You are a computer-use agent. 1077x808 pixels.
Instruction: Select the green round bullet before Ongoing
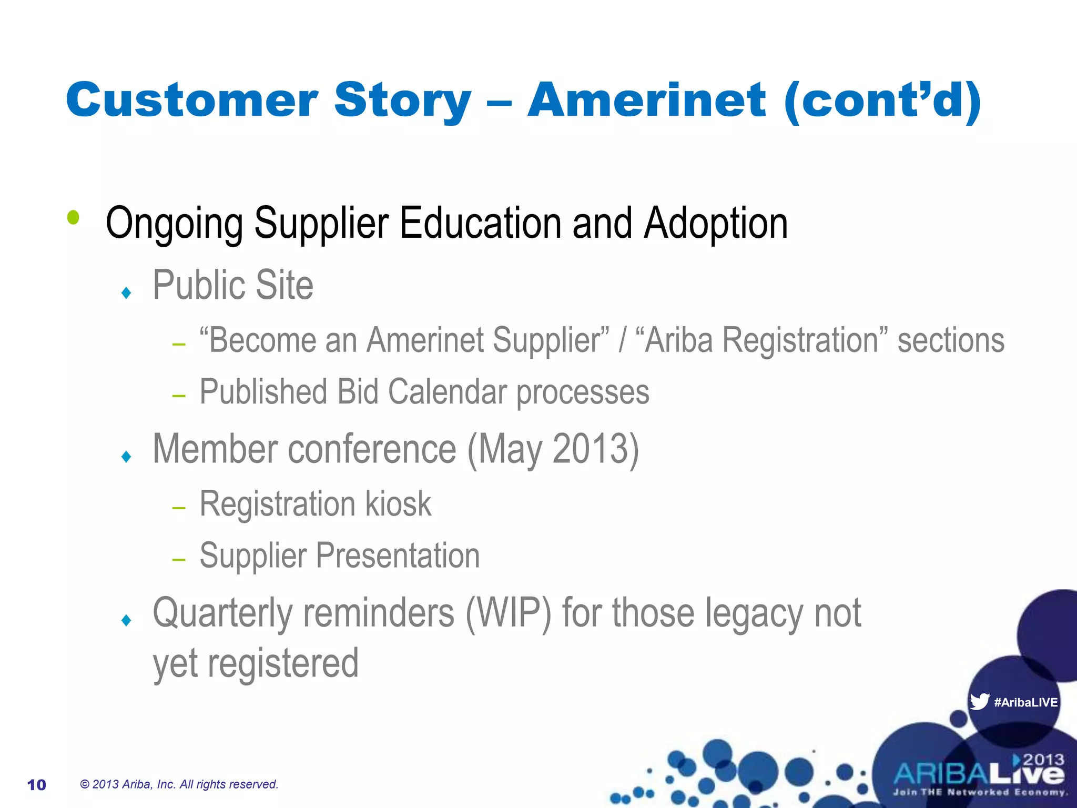coord(74,217)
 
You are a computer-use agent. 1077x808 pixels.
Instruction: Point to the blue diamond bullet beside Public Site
coord(126,292)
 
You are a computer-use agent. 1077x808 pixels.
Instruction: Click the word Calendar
coord(447,392)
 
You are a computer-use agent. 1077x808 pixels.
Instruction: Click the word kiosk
coord(398,504)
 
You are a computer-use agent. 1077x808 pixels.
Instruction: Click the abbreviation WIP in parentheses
coord(508,613)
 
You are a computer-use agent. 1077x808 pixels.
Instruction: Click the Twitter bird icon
coord(979,701)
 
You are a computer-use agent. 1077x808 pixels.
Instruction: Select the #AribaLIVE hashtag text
coord(1025,702)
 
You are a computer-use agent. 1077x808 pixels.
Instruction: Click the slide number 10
coord(36,785)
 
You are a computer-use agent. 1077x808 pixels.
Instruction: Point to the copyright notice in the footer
coord(179,784)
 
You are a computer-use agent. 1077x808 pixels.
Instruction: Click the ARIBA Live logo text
coord(978,773)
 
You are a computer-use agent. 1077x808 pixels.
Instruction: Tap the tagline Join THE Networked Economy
coord(980,792)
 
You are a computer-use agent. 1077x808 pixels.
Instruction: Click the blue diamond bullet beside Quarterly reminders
coord(126,620)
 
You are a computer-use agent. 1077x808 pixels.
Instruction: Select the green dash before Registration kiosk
coord(179,508)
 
